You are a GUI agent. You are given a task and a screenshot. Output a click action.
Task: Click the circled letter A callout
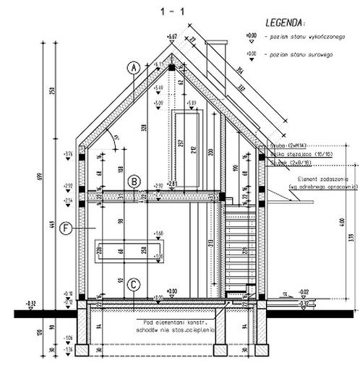point(132,68)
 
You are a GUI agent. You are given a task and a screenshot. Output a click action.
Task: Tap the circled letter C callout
point(133,285)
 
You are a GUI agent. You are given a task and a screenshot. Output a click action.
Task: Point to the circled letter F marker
point(66,228)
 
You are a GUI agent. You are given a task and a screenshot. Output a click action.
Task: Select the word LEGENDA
point(285,22)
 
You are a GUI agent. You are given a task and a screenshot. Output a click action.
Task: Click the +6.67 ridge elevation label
point(172,35)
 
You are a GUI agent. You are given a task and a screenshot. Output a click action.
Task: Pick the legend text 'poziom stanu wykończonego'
point(297,35)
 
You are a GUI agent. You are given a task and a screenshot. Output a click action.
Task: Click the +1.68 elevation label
point(160,233)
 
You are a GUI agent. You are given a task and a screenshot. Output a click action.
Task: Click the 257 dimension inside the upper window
point(179,143)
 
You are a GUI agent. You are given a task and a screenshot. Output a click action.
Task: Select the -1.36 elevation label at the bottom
point(68,350)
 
